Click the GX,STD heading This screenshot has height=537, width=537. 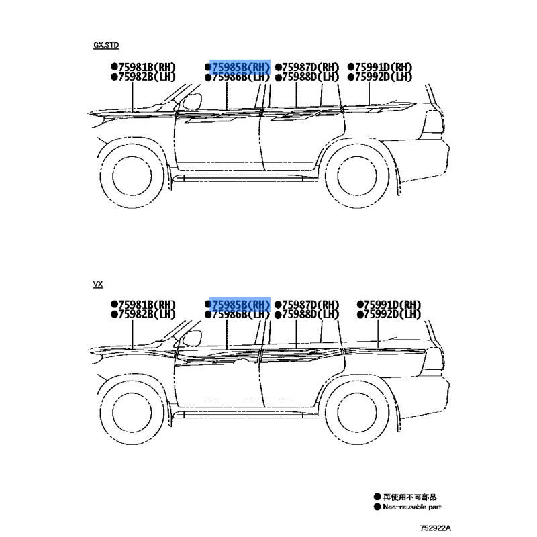click(x=106, y=45)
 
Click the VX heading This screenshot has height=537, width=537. click(x=98, y=284)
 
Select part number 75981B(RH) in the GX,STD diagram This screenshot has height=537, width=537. click(x=146, y=67)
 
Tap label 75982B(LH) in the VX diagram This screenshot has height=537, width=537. click(x=146, y=314)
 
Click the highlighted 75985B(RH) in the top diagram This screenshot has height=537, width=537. click(x=241, y=67)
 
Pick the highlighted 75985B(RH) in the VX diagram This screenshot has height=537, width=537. click(x=241, y=305)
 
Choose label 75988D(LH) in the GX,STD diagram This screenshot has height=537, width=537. click(x=310, y=77)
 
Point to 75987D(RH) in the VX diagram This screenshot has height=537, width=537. click(x=310, y=305)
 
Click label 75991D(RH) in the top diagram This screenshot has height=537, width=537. click(x=383, y=67)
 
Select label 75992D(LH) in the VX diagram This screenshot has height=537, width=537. click(x=392, y=314)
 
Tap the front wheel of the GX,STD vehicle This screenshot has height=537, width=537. click(x=132, y=176)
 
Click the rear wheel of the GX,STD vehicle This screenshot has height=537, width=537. click(x=357, y=176)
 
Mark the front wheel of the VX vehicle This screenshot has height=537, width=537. click(x=132, y=413)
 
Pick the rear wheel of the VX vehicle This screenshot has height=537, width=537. click(x=357, y=413)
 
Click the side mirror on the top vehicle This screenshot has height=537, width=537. click(x=192, y=101)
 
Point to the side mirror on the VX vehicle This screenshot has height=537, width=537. click(x=192, y=338)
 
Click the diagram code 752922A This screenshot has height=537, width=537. click(x=435, y=528)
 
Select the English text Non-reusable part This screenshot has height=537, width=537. click(x=412, y=507)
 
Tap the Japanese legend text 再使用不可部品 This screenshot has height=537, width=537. click(x=409, y=497)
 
